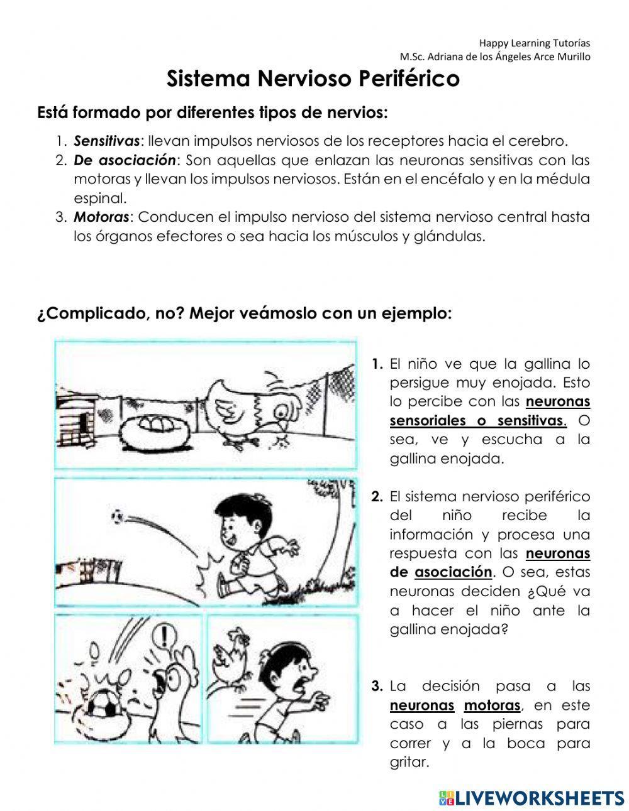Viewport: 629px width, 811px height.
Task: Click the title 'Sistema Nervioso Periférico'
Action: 313,80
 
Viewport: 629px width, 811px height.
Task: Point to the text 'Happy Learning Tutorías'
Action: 535,43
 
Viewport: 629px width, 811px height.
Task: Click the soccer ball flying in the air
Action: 117,517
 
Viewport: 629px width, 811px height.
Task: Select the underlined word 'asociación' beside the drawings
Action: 453,572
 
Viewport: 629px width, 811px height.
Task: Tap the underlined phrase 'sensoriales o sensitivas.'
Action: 477,420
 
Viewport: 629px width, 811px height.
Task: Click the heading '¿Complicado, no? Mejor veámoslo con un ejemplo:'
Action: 245,313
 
